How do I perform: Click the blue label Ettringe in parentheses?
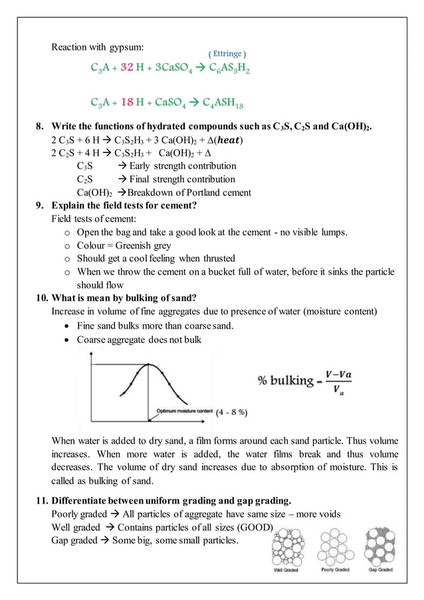[227, 53]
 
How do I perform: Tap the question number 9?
[40, 206]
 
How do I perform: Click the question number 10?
[41, 297]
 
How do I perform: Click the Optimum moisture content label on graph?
[184, 411]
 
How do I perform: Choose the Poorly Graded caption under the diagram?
[336, 570]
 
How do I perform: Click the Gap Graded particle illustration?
[380, 546]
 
